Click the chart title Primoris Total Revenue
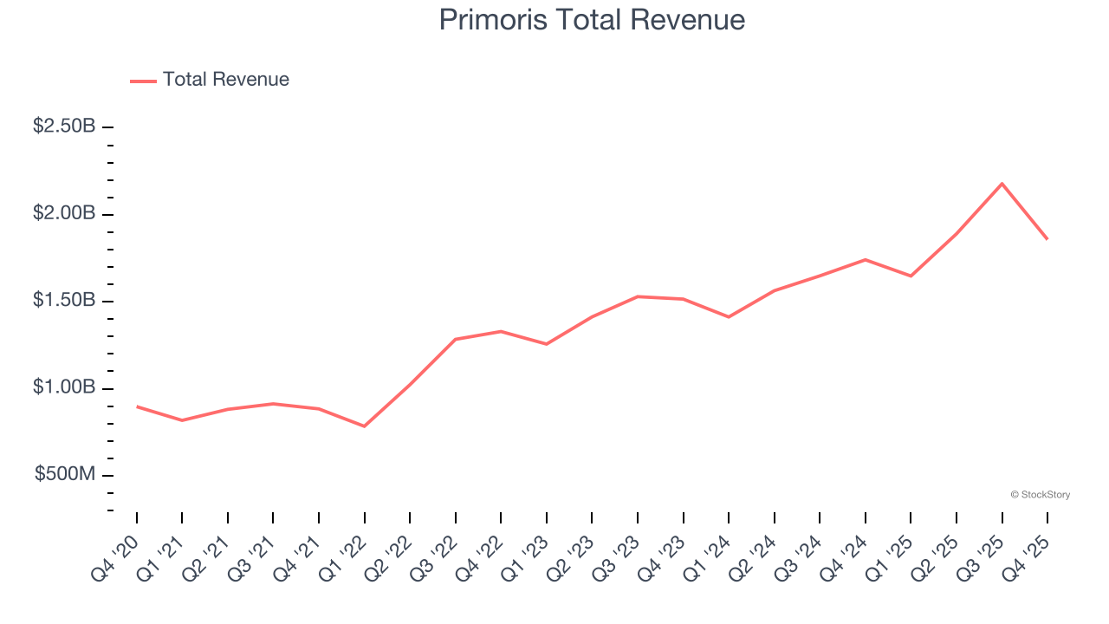click(592, 20)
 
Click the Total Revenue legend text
click(225, 80)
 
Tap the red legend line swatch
click(143, 81)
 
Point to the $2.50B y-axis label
click(64, 127)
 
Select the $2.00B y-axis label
click(64, 214)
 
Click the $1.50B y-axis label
click(64, 301)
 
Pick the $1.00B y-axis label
click(64, 387)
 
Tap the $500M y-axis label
click(65, 475)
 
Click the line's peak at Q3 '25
click(1002, 184)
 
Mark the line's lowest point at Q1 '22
click(365, 426)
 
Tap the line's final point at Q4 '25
click(1047, 239)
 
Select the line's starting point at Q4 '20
click(137, 406)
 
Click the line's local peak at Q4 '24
click(865, 259)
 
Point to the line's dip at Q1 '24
click(729, 317)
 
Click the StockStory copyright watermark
click(1040, 495)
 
